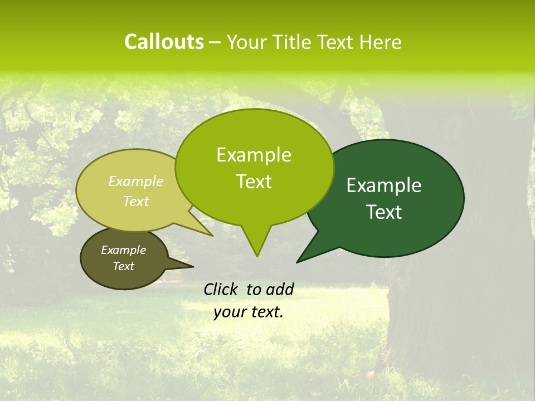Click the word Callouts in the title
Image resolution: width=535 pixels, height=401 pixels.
[x=164, y=42]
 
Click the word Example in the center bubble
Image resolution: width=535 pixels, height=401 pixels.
[x=254, y=155]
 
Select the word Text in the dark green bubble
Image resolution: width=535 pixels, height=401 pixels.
[x=385, y=212]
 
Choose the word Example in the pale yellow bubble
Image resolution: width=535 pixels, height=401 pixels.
[x=136, y=182]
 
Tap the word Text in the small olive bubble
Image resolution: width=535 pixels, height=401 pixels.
[x=123, y=266]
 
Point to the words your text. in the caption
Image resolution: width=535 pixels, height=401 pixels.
[x=249, y=312]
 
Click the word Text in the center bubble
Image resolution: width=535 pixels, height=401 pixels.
[x=254, y=182]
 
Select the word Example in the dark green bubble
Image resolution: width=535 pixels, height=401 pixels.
[x=384, y=185]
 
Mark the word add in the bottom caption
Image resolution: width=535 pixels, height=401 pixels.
[x=279, y=289]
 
